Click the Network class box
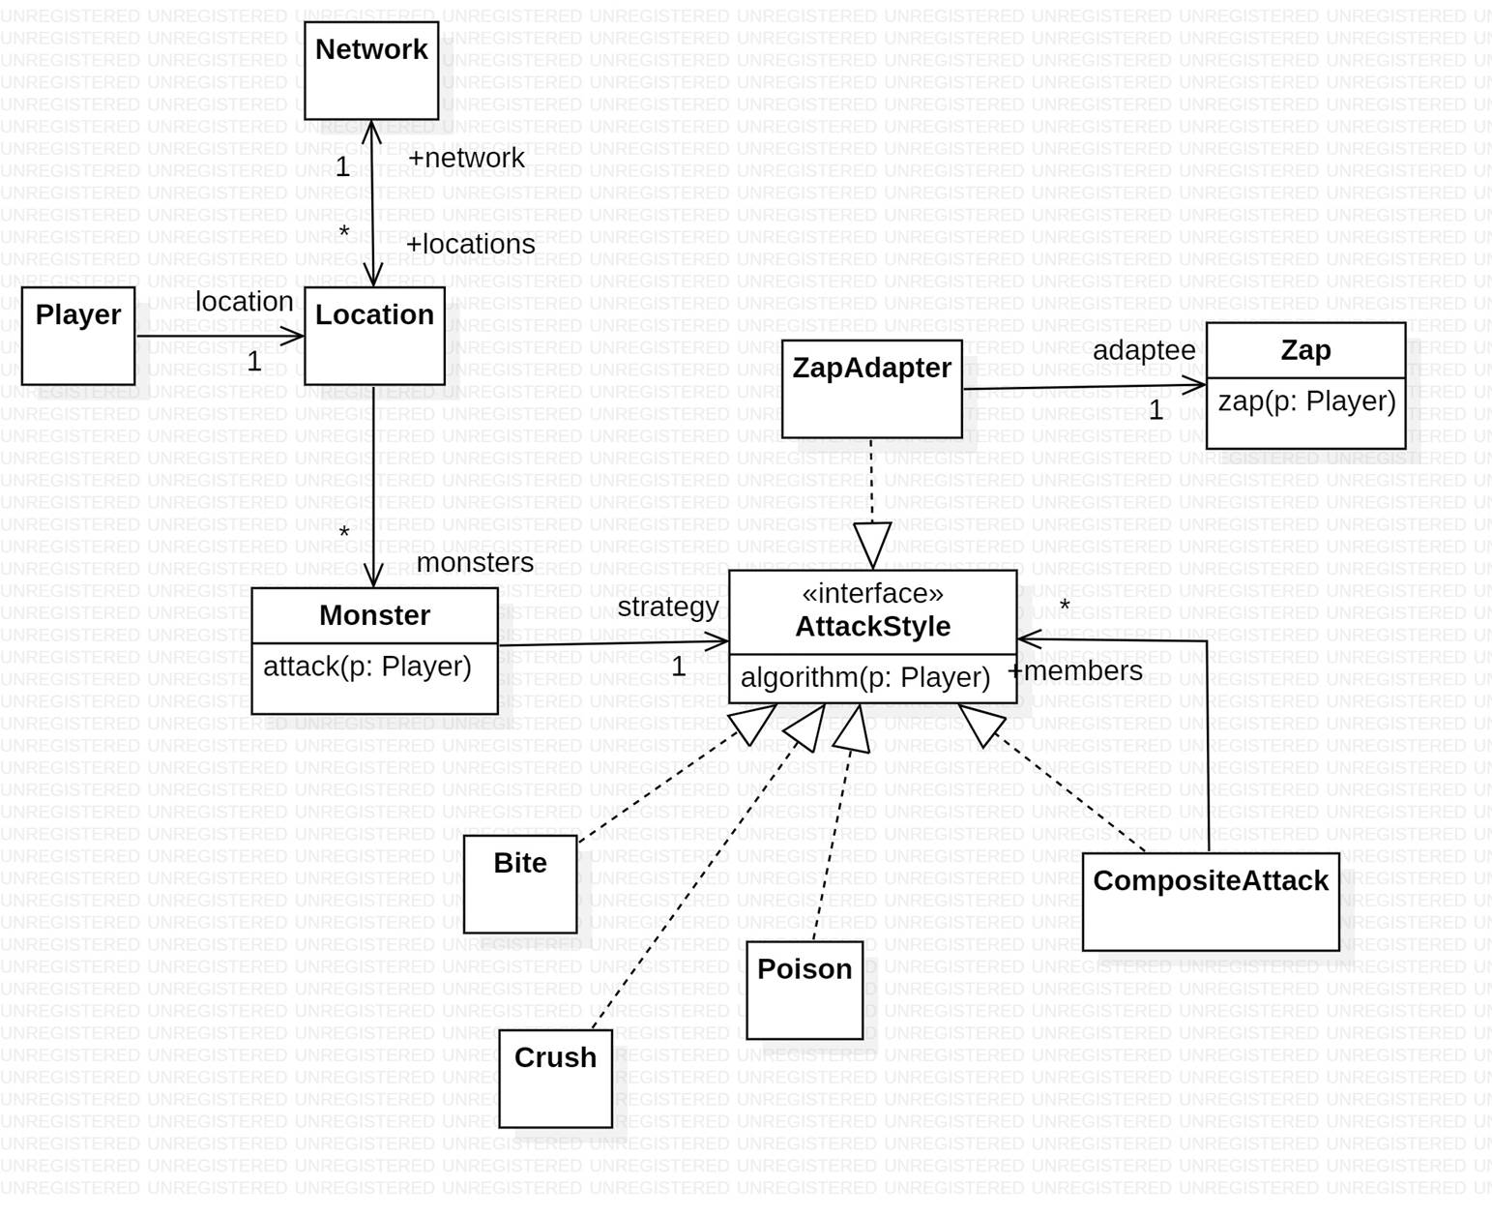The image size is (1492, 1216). click(x=371, y=71)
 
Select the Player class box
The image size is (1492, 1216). click(x=78, y=336)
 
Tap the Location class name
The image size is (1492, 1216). click(x=374, y=315)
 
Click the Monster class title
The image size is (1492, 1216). click(x=374, y=615)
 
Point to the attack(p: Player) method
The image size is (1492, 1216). click(x=367, y=667)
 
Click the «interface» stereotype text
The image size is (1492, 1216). click(x=872, y=593)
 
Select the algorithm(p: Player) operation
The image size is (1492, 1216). click(x=865, y=678)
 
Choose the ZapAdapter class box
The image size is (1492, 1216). click(x=871, y=389)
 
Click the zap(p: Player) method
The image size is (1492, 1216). click(x=1306, y=401)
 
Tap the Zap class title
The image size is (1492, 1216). click(x=1305, y=350)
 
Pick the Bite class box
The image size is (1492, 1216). click(x=520, y=884)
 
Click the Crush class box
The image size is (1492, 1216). click(x=555, y=1078)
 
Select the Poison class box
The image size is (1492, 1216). click(x=805, y=990)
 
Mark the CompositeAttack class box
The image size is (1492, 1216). click(x=1211, y=902)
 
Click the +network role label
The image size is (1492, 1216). click(x=466, y=158)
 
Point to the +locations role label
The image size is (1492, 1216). click(x=470, y=244)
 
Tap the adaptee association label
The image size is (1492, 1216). click(x=1144, y=350)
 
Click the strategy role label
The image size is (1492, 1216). click(x=668, y=607)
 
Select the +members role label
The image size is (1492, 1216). click(x=1075, y=670)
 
